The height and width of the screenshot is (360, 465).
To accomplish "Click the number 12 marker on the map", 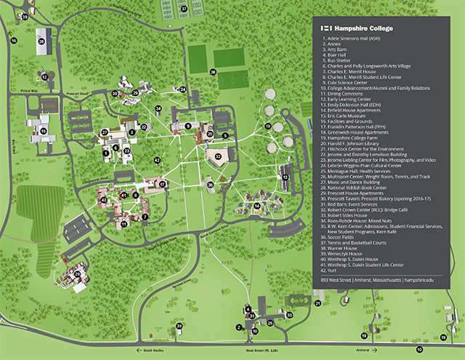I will point(43,76).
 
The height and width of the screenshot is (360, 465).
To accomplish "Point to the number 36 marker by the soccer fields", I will point(213,72).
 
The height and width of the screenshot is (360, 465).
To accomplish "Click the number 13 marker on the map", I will point(285,177).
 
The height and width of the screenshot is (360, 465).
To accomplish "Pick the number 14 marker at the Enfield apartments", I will point(256,206).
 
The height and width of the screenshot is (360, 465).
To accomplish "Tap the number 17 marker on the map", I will point(163,185).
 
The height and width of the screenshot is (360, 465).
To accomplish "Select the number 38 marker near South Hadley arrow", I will point(179,327).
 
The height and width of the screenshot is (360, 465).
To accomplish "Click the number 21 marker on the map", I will point(317,303).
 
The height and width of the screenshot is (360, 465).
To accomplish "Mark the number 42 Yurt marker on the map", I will point(157,160).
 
